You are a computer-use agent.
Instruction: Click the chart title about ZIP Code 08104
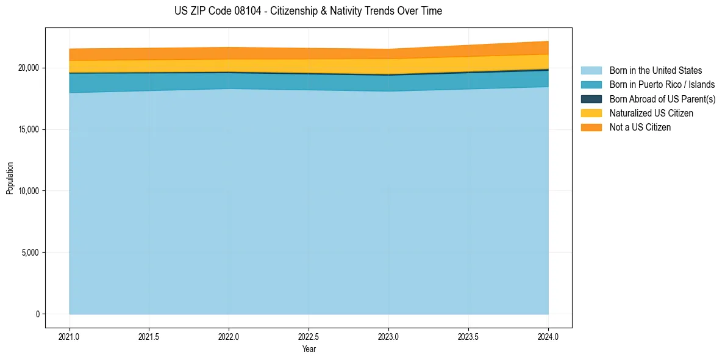tap(308, 11)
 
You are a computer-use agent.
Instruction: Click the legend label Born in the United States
tap(655, 71)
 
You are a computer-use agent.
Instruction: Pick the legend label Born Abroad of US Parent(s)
tap(662, 99)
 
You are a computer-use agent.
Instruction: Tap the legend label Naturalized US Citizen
tap(651, 113)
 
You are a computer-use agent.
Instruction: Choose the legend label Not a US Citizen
tap(640, 128)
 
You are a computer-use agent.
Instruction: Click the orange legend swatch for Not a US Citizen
tap(591, 128)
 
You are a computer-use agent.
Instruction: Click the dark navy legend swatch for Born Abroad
tap(591, 99)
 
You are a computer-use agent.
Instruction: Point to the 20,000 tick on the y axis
tap(28, 68)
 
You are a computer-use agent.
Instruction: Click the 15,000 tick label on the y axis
tap(28, 129)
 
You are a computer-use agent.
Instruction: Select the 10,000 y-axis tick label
tap(28, 191)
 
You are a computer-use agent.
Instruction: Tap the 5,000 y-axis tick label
tap(30, 253)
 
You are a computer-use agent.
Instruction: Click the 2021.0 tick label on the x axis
tap(70, 337)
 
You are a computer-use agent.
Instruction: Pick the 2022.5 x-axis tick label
tap(309, 337)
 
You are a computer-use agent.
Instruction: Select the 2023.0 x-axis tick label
tap(388, 337)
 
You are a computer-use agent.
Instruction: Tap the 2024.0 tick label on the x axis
tap(548, 337)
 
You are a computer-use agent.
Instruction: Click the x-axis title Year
tap(309, 349)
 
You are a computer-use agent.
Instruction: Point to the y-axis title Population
tap(10, 178)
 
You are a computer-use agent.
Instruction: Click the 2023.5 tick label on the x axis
tap(468, 337)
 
